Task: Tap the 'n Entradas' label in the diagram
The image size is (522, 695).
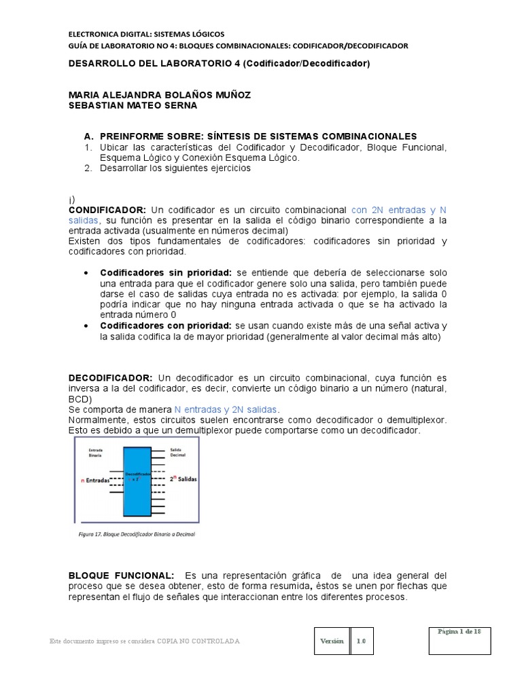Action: (x=94, y=479)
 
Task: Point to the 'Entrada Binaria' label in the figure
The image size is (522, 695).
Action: (x=94, y=453)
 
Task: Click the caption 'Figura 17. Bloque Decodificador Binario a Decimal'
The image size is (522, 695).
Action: (x=136, y=534)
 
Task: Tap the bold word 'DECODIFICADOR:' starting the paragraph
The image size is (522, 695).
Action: (x=111, y=377)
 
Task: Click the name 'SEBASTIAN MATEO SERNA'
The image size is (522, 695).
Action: (x=133, y=105)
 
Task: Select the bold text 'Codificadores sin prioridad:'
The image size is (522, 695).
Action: (x=166, y=272)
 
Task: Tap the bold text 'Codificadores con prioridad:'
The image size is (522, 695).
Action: (x=166, y=326)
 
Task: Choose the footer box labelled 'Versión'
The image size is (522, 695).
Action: (x=332, y=641)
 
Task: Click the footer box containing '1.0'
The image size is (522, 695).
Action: (x=362, y=641)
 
